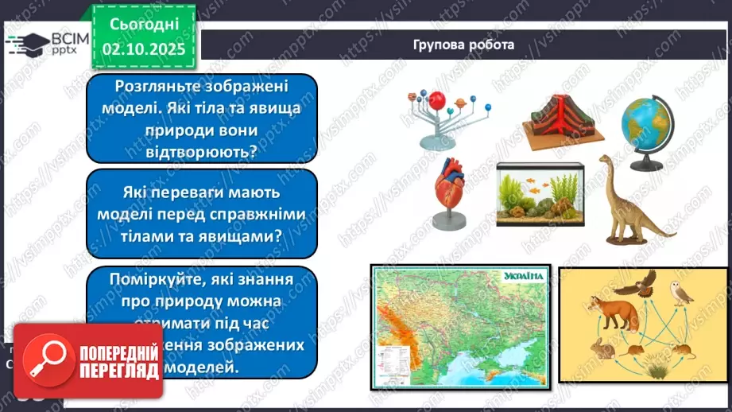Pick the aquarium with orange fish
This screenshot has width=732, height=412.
point(540,195)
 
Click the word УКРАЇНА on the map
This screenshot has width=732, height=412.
point(523,277)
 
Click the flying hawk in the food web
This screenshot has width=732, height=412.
point(641,283)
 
